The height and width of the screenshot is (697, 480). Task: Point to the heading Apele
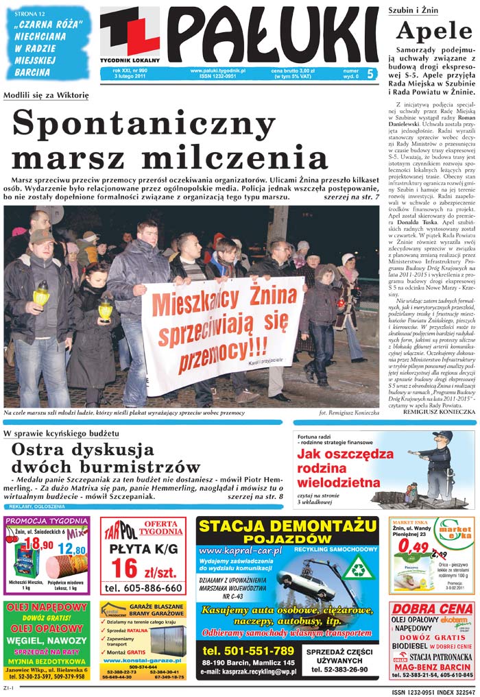pos(434,32)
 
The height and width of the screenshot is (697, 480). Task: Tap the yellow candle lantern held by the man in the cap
pos(41,295)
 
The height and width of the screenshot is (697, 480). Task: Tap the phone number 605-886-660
pos(143,588)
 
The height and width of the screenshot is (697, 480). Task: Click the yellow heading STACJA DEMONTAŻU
pos(287,528)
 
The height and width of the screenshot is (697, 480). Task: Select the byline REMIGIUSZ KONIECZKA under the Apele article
pos(439,412)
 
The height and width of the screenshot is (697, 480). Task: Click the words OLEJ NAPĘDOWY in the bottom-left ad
pos(46,607)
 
